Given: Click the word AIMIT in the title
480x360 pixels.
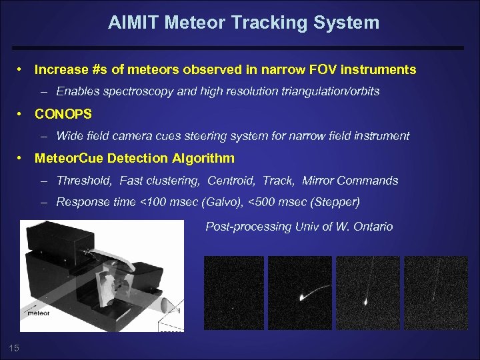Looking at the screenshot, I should click(132, 23).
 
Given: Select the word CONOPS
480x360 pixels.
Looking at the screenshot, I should click(63, 114).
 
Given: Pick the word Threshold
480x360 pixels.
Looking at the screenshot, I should click(85, 181).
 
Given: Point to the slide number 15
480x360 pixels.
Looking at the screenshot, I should click(14, 346).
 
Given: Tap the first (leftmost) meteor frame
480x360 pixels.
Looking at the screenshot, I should click(233, 293).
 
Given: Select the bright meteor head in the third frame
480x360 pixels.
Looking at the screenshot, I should click(366, 301).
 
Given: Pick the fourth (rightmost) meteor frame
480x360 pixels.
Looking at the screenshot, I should click(437, 293).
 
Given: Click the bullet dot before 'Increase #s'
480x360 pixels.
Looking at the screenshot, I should click(21, 69).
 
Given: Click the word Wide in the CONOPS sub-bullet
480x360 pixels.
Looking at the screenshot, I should click(69, 136).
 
